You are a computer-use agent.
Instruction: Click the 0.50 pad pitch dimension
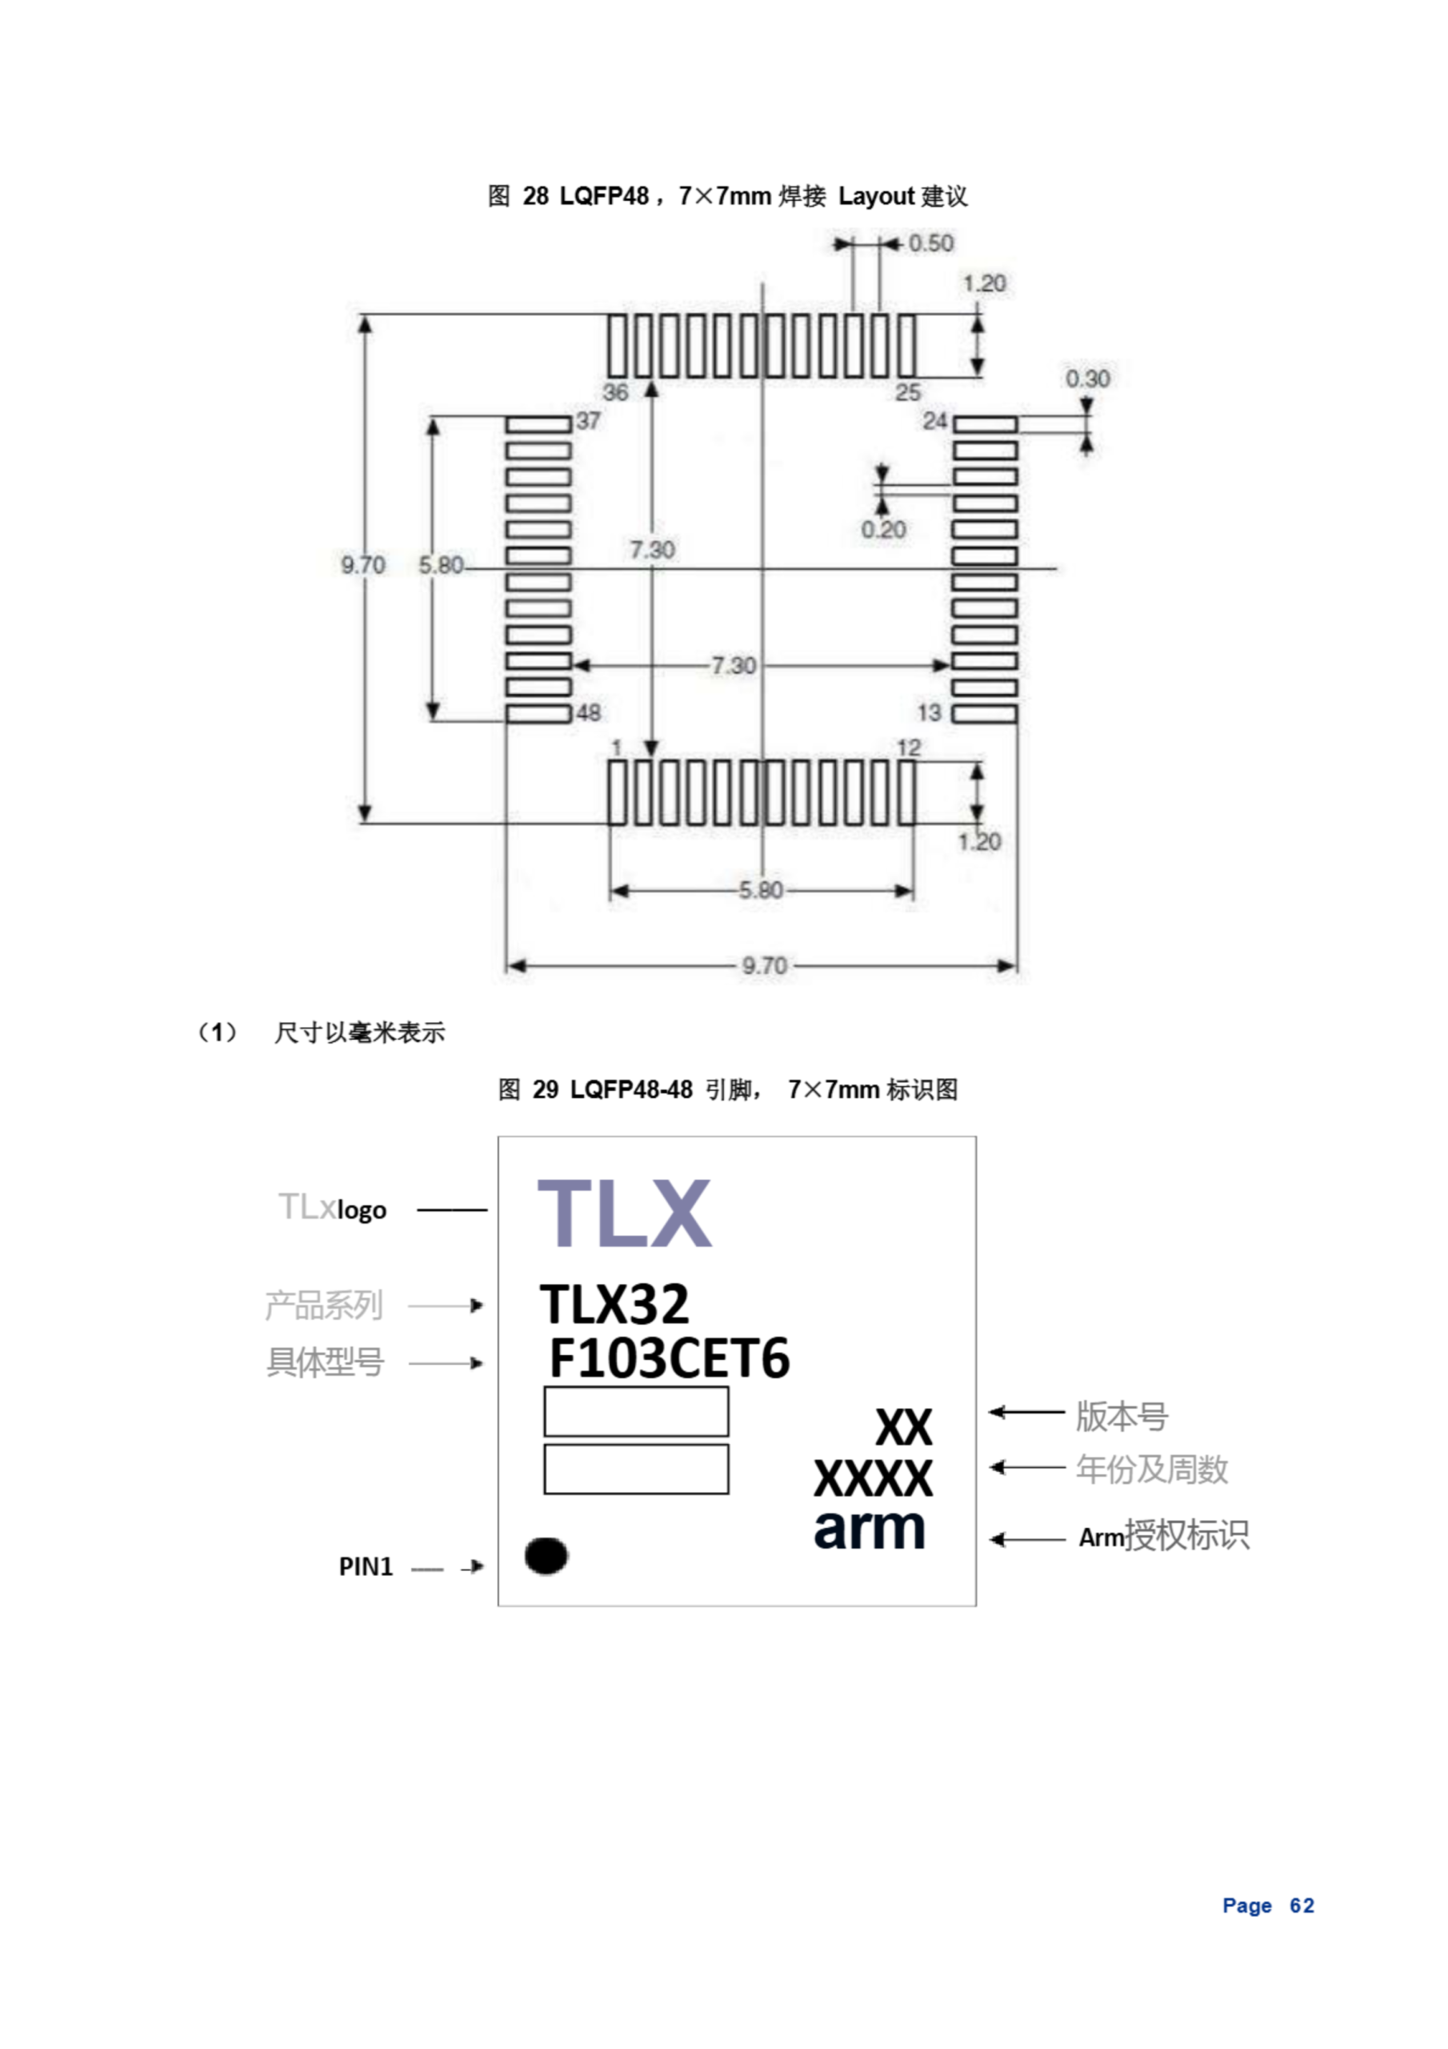point(930,243)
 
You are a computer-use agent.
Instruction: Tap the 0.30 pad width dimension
point(1087,379)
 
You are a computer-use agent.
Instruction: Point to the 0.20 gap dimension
point(883,529)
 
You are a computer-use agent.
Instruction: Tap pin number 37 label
point(589,420)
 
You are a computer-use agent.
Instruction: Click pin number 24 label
point(935,420)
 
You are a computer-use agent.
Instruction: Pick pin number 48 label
point(589,712)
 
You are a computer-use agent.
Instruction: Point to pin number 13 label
point(929,712)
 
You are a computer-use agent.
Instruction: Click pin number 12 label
point(908,747)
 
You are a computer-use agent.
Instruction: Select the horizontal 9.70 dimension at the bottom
point(765,965)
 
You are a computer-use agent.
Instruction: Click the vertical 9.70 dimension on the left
point(363,565)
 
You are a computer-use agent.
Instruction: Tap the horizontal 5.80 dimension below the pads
point(761,890)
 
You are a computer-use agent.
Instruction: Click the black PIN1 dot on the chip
point(546,1555)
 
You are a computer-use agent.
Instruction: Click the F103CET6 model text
point(669,1358)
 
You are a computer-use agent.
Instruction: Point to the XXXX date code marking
point(873,1478)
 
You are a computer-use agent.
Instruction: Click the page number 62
point(1302,1905)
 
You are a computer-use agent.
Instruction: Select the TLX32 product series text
point(614,1304)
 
